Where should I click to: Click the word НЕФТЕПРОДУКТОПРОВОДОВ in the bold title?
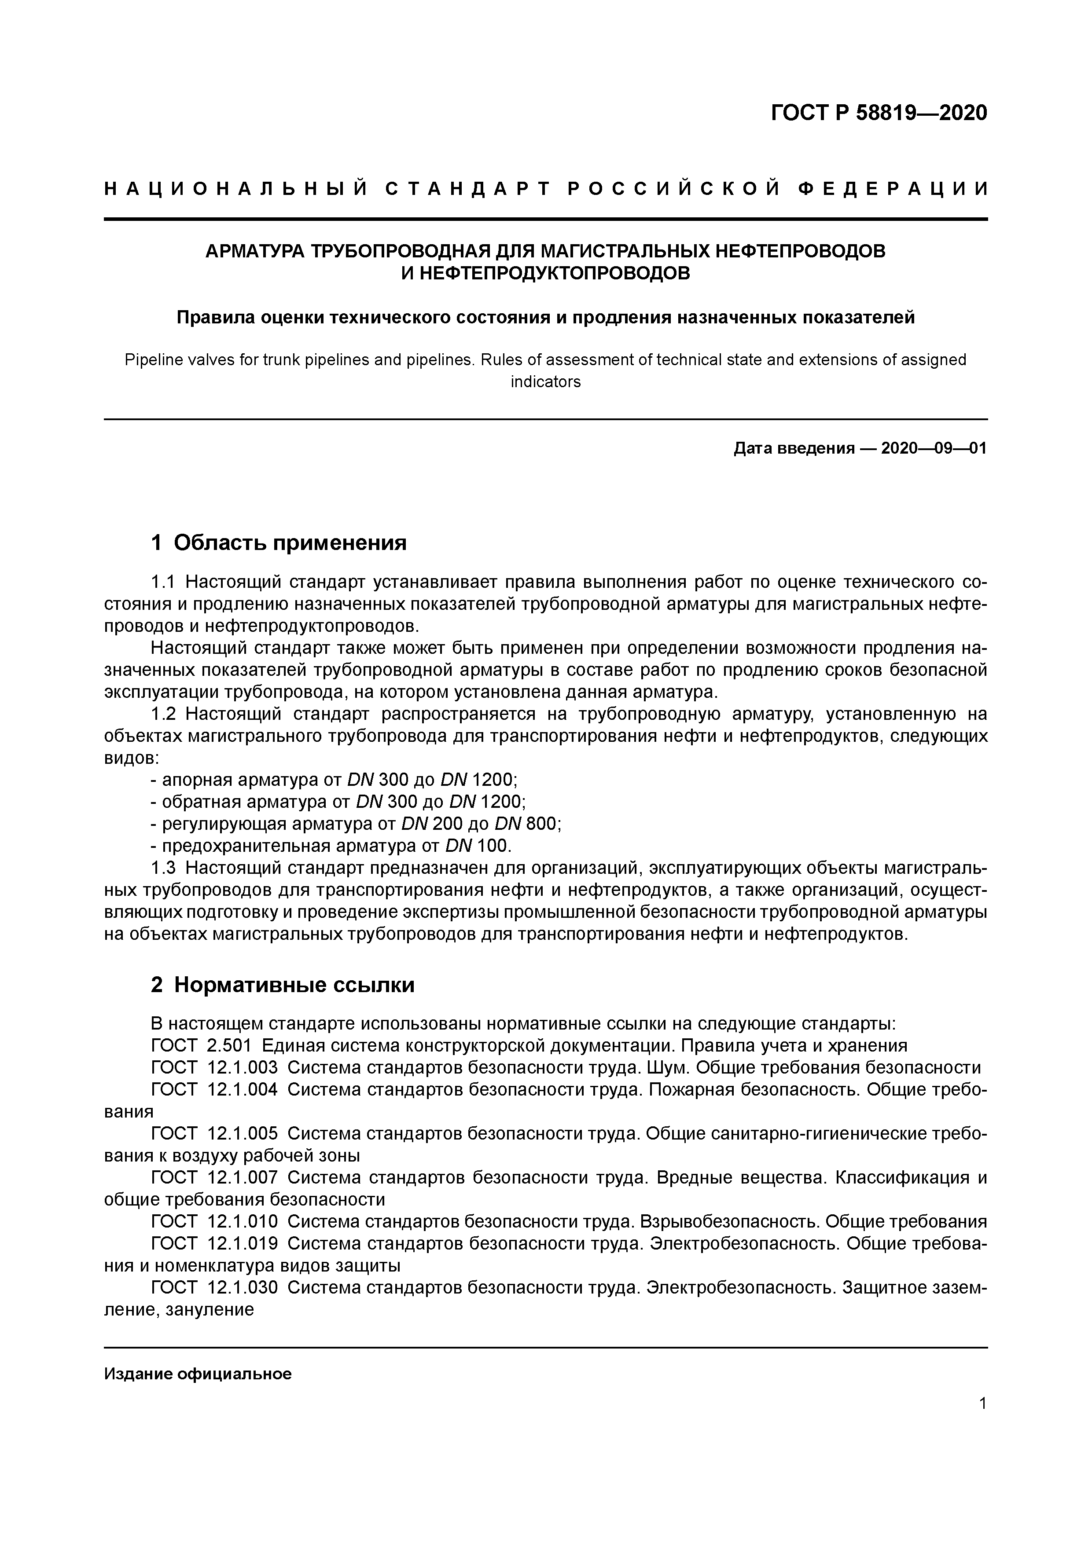(545, 274)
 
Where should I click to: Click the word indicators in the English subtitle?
(545, 382)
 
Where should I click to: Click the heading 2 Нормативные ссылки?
(283, 985)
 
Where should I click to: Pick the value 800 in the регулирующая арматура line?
(542, 824)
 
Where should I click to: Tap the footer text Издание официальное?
(198, 1374)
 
